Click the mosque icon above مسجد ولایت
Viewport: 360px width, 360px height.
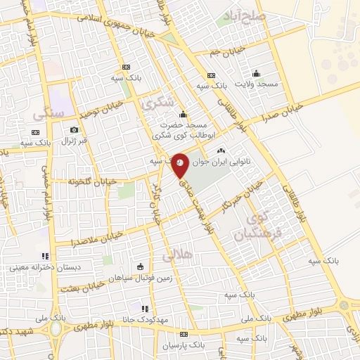click(256, 72)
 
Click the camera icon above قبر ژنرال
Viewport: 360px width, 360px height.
click(74, 129)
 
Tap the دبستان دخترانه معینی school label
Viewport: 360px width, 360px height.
click(41, 267)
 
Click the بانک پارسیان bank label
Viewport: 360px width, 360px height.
click(184, 345)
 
